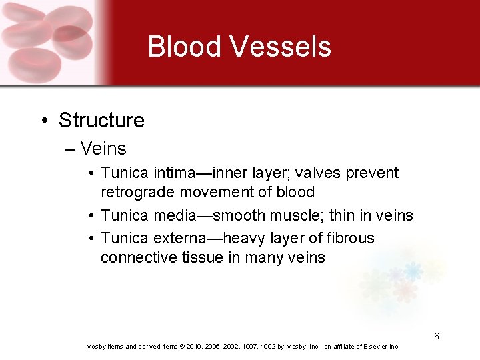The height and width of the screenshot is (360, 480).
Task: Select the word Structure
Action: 101,121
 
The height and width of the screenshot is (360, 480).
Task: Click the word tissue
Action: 203,257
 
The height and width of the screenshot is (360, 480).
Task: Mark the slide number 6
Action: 436,337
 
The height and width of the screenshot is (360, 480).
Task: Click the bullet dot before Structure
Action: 44,121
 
